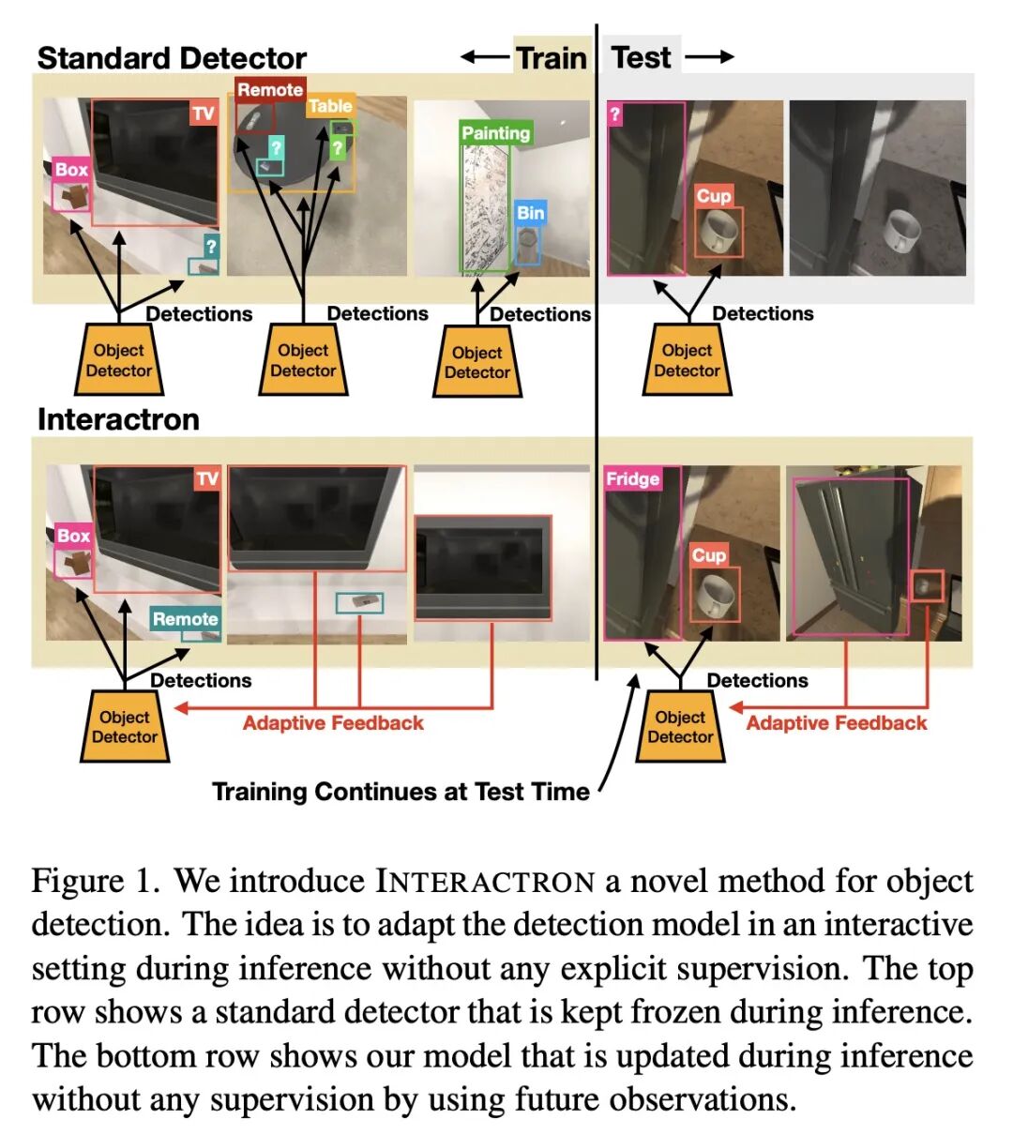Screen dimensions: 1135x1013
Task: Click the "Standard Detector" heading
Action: coord(172,58)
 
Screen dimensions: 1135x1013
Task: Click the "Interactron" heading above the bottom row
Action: coord(118,419)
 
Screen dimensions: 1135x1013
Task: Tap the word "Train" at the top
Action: coord(552,58)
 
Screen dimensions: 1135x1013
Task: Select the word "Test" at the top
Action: coord(642,57)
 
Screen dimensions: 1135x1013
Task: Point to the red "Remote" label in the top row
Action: coord(269,90)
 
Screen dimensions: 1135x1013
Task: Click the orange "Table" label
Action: coord(330,106)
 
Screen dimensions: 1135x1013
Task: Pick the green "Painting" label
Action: coord(495,133)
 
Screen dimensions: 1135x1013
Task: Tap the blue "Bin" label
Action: coord(530,213)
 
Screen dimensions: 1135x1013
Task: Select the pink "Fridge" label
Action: coord(632,478)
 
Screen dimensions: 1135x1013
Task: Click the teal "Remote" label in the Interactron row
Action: coord(185,619)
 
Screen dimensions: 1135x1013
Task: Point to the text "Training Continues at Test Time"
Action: coord(401,792)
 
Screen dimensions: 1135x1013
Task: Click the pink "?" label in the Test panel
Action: coord(615,114)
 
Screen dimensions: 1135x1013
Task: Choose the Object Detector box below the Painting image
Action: coord(477,362)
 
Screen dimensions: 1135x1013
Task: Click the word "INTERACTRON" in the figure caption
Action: coord(485,882)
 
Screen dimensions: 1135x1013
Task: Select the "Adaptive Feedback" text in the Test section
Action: coord(836,723)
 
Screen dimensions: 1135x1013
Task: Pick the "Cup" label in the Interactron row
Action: coord(709,555)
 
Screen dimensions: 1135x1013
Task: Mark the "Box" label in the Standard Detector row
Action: coord(71,170)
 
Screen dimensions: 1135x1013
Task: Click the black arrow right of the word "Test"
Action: coord(709,58)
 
